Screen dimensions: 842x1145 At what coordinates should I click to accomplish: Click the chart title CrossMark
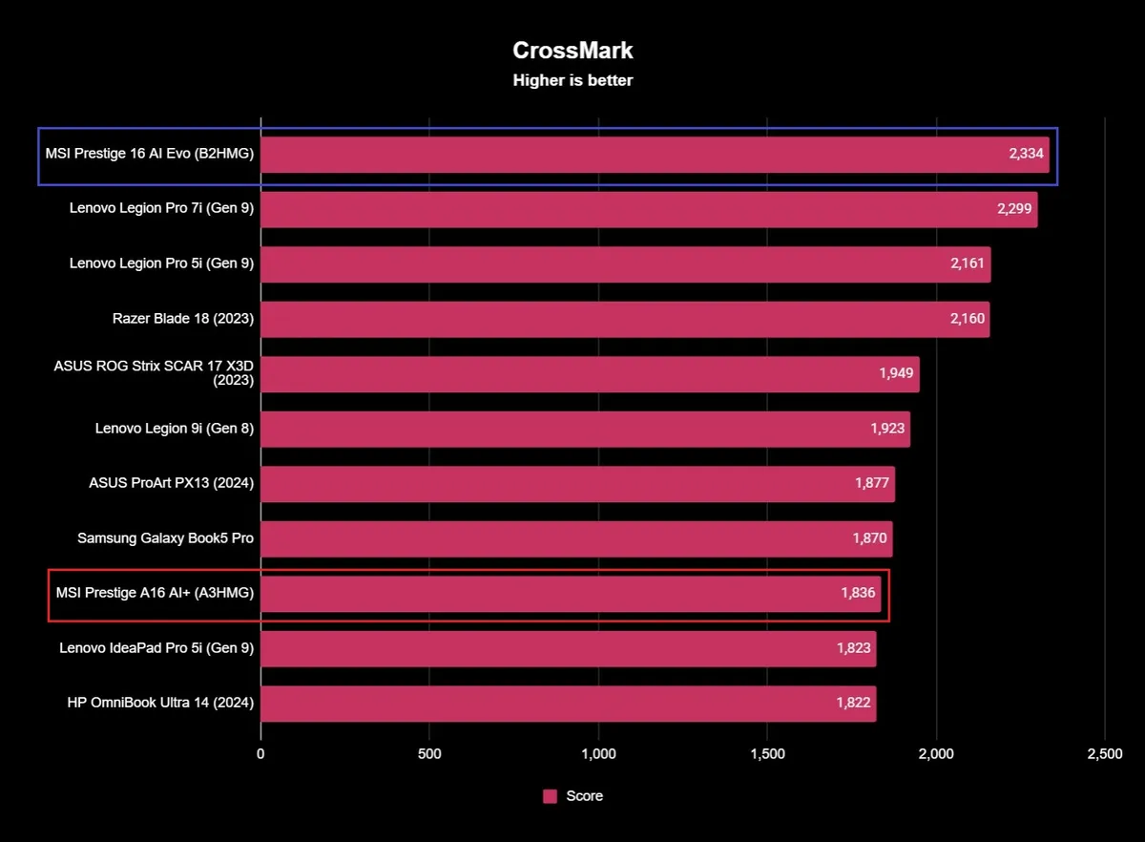pyautogui.click(x=572, y=50)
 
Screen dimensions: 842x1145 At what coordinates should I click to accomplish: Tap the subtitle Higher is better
pyautogui.click(x=572, y=81)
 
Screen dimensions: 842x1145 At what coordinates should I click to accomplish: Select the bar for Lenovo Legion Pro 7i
pyautogui.click(x=649, y=209)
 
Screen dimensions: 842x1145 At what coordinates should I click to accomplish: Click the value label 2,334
pyautogui.click(x=1027, y=154)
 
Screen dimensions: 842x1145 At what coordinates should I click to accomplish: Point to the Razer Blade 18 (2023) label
pyautogui.click(x=183, y=319)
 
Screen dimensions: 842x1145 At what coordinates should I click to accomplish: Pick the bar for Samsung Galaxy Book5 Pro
pyautogui.click(x=576, y=538)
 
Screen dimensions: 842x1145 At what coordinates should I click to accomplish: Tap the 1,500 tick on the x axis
pyautogui.click(x=767, y=754)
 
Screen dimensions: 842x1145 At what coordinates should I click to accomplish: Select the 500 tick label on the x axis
pyautogui.click(x=429, y=754)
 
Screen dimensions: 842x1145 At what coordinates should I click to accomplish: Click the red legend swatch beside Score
pyautogui.click(x=550, y=796)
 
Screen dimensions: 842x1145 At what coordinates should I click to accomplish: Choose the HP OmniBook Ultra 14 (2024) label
pyautogui.click(x=160, y=703)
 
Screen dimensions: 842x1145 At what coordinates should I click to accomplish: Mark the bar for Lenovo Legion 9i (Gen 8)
pyautogui.click(x=585, y=429)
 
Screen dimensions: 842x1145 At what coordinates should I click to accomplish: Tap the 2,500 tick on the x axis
pyautogui.click(x=1105, y=754)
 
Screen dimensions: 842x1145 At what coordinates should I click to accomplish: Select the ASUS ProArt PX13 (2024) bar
pyautogui.click(x=577, y=483)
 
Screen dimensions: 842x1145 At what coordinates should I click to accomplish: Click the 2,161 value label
pyautogui.click(x=968, y=263)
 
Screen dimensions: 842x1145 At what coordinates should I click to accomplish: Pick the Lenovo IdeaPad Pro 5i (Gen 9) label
pyautogui.click(x=156, y=648)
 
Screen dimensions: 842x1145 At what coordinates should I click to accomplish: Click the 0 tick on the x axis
pyautogui.click(x=260, y=754)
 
